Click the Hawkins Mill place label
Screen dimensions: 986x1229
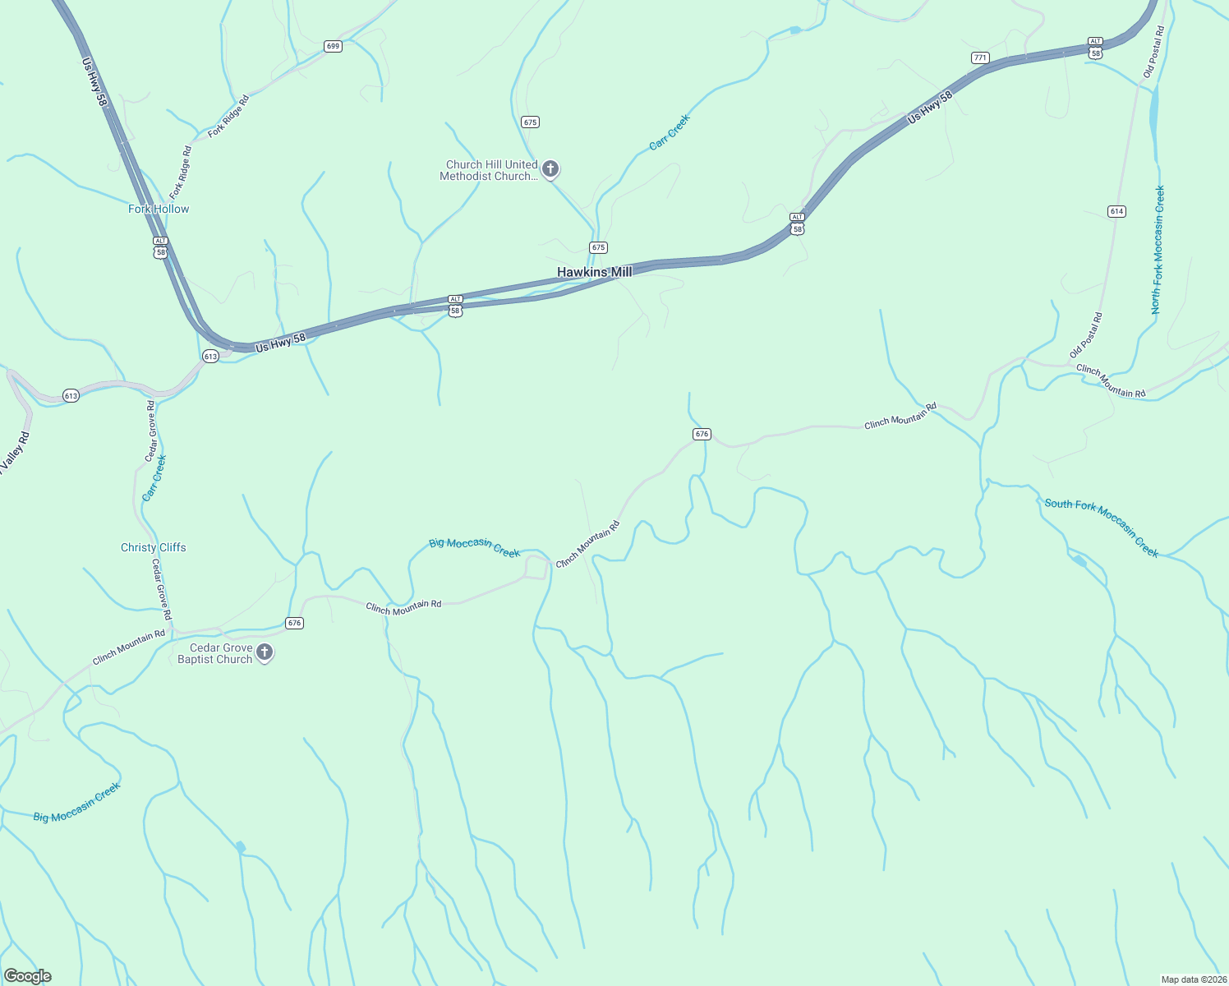[x=594, y=272]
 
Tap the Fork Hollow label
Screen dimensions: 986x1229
[x=159, y=209]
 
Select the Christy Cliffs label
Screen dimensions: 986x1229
[x=154, y=547]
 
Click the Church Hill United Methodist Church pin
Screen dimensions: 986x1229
[x=550, y=169]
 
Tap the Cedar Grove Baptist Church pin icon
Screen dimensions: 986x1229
[x=264, y=652]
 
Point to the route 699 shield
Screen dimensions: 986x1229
[x=333, y=46]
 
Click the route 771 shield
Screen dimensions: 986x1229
[x=980, y=58]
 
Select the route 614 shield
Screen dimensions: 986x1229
[x=1116, y=211]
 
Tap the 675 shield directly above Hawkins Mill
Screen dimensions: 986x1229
[x=598, y=247]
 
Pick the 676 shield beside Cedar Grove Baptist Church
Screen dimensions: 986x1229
[x=295, y=623]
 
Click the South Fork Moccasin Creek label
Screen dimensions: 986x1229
[x=1102, y=527]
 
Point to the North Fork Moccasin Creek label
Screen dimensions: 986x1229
[x=1158, y=249]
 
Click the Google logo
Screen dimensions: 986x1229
[x=28, y=976]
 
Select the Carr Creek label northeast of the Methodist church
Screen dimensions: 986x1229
[x=670, y=132]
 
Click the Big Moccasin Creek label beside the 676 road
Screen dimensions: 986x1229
[x=475, y=547]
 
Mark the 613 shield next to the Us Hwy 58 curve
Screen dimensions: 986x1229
[x=210, y=356]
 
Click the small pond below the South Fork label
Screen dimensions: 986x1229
[x=1079, y=561]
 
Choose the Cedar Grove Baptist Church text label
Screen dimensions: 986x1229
[x=215, y=653]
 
